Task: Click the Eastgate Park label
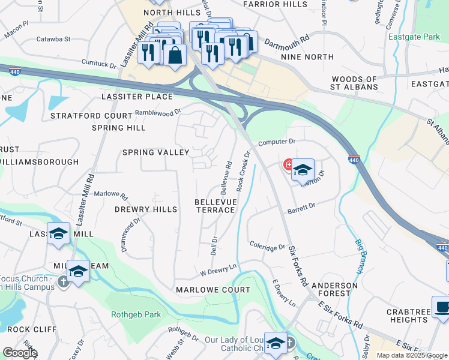coord(414,37)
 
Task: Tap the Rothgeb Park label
coord(127,314)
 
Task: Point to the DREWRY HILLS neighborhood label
coord(146,209)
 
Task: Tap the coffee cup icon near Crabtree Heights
coord(443,307)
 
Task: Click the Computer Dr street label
coord(277,142)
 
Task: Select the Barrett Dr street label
coord(301,207)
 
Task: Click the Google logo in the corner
coord(19,352)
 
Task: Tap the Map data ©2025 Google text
coord(412,355)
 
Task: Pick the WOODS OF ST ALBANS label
coord(355,83)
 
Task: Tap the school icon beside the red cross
coord(303,170)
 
